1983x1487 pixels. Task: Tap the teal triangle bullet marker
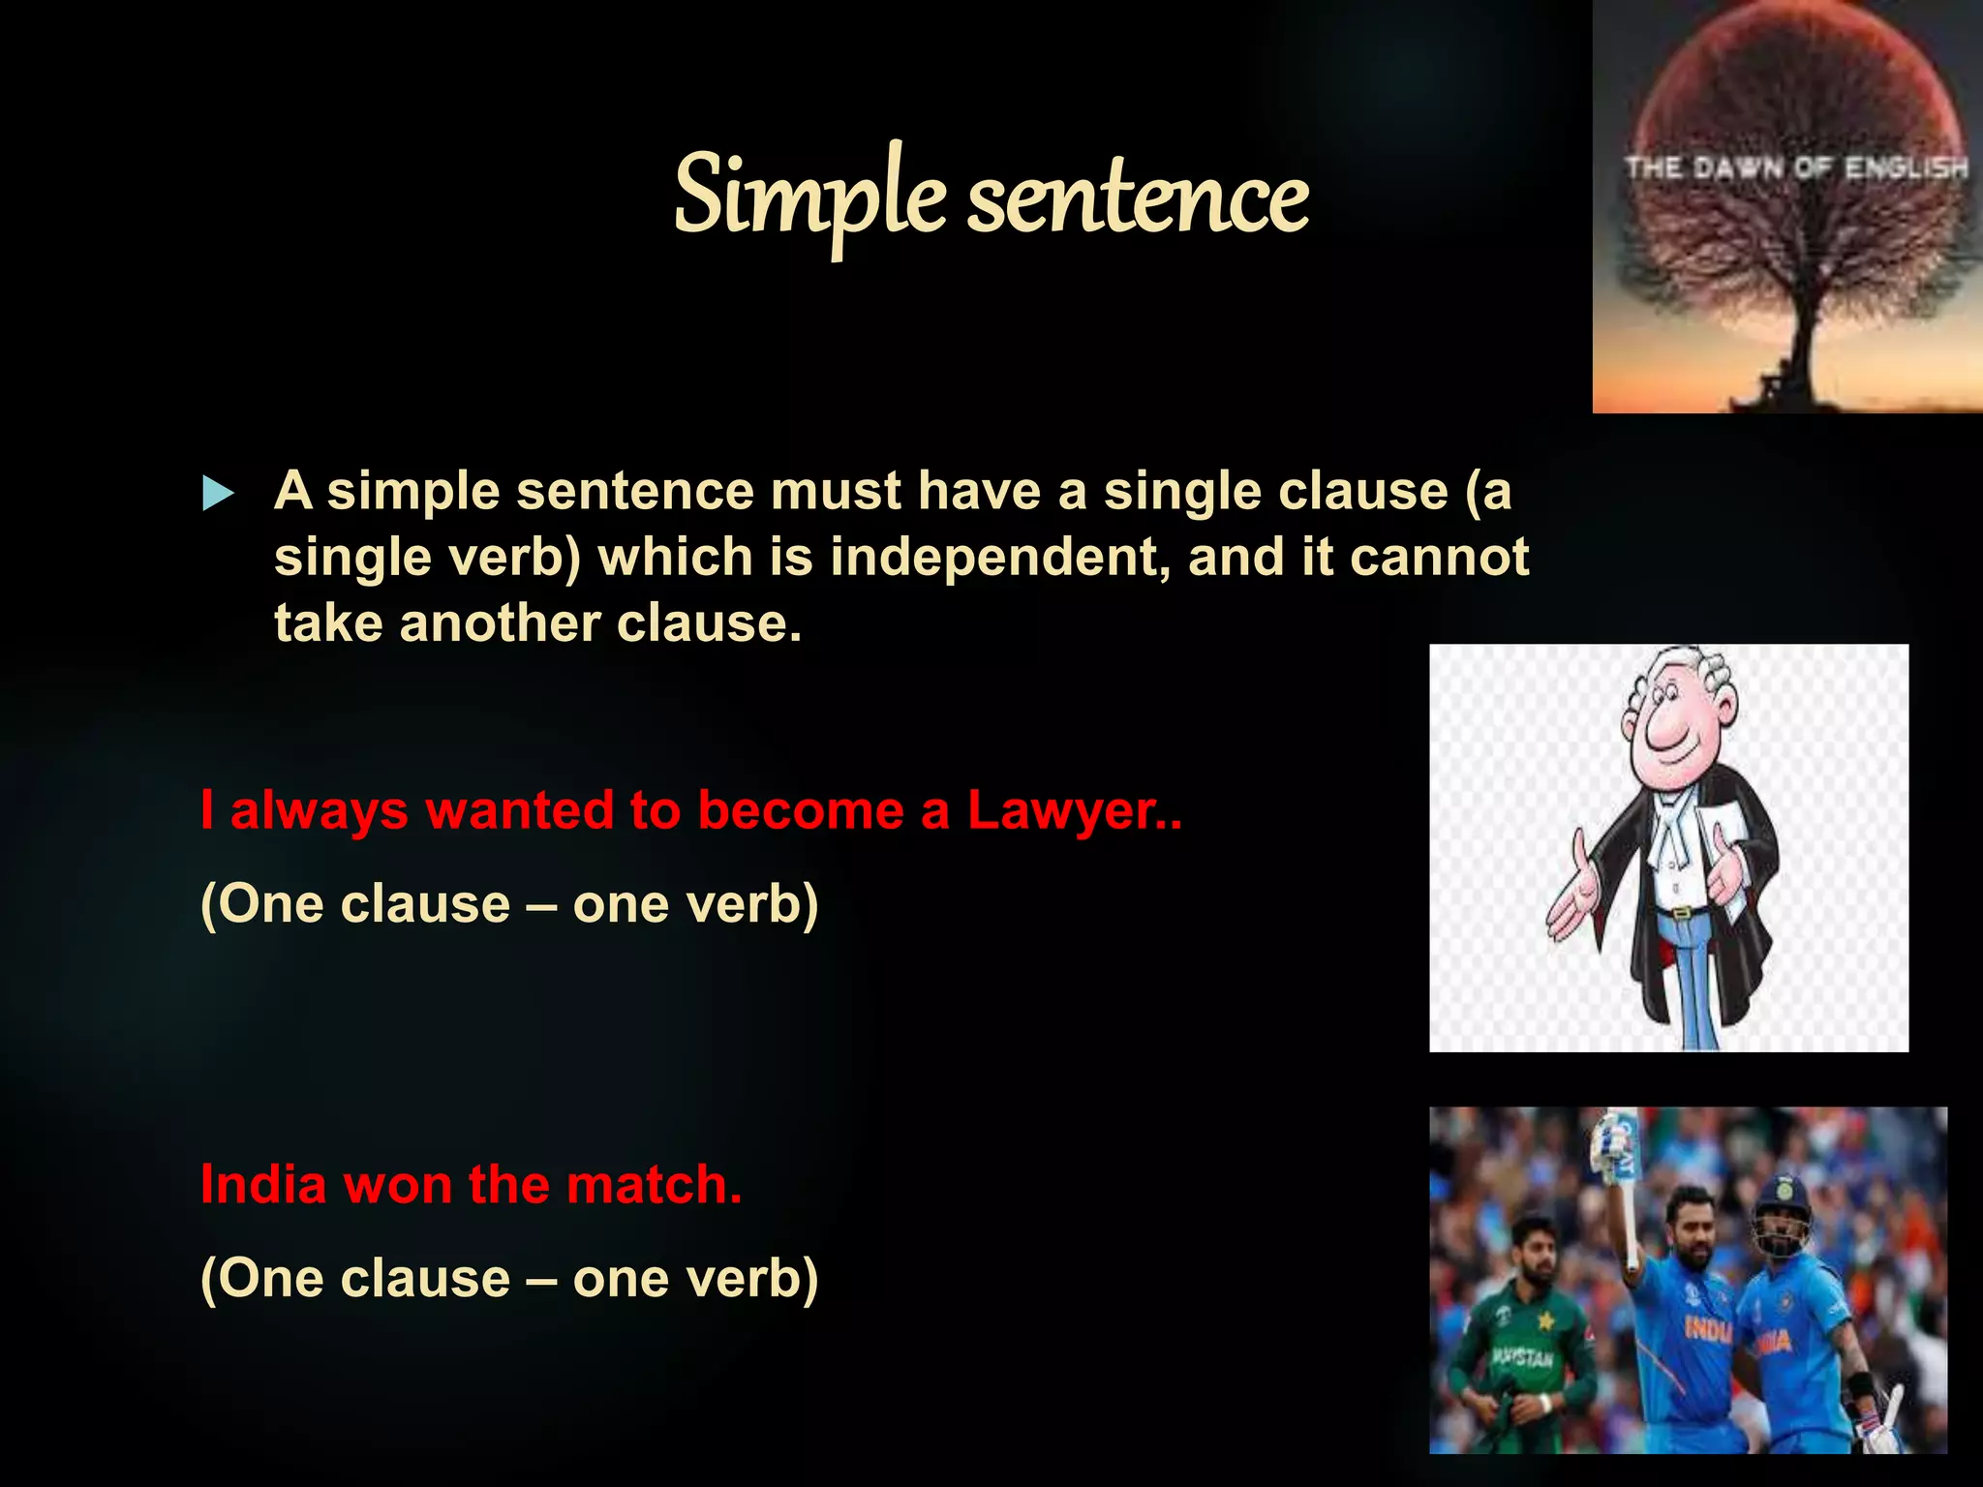coord(218,494)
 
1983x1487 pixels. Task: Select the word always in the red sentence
coord(319,811)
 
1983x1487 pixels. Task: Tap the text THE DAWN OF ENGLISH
coord(1796,168)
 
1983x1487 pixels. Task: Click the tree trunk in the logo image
coord(1802,349)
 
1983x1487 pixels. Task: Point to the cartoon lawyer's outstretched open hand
coord(1573,895)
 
